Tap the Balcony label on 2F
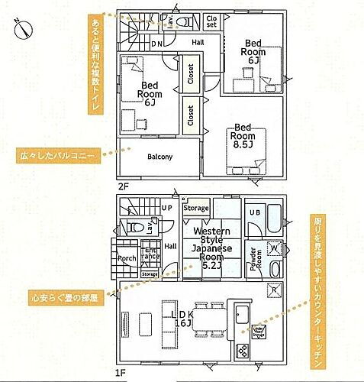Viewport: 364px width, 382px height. click(x=159, y=157)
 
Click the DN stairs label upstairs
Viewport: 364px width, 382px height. click(x=156, y=44)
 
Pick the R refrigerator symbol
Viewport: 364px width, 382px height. click(x=273, y=290)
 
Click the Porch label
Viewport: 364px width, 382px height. click(x=127, y=257)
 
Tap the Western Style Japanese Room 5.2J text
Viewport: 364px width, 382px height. click(x=207, y=248)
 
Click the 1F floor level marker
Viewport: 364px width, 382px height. click(x=119, y=372)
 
